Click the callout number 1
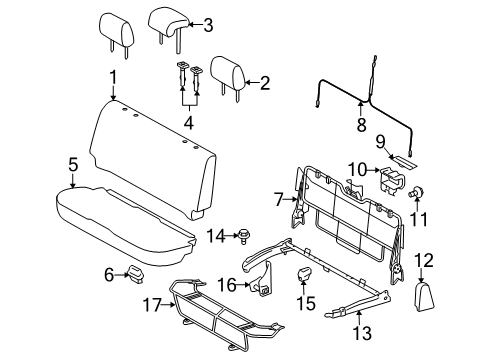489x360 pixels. click(114, 77)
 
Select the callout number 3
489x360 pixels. click(207, 25)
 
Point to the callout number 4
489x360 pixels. click(188, 123)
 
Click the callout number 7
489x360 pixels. click(281, 200)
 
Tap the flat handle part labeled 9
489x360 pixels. click(405, 157)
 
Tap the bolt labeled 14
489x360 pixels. click(242, 236)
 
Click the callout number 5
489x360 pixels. click(72, 163)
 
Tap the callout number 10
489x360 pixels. click(358, 169)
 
